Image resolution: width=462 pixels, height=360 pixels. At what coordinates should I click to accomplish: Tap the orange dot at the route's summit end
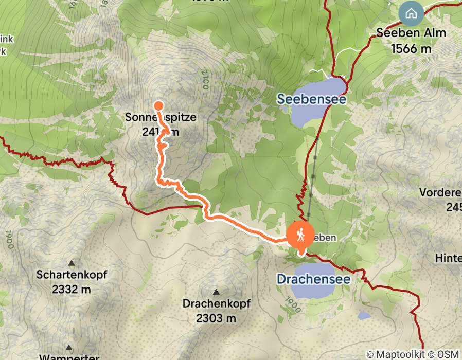[x=158, y=106]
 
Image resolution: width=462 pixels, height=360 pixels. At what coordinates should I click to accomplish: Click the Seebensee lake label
[x=311, y=99]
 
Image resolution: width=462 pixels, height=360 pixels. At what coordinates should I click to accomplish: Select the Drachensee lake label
[x=313, y=279]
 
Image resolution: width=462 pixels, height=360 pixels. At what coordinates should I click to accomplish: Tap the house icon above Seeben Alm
[x=411, y=14]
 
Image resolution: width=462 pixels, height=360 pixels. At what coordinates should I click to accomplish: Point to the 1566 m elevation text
[x=411, y=48]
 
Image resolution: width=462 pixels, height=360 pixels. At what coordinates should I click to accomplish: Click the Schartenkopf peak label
[x=72, y=275]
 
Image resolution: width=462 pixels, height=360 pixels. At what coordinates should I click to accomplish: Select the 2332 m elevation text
[x=72, y=289]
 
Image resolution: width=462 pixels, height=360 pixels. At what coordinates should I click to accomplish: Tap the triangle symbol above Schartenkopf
[x=72, y=262]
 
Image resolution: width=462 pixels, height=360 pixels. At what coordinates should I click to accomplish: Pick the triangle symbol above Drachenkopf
[x=216, y=291]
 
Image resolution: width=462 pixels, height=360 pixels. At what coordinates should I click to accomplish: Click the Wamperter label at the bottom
[x=69, y=356]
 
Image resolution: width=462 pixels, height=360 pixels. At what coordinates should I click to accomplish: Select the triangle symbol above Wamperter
[x=68, y=347]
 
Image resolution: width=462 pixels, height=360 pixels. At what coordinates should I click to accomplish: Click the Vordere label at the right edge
[x=440, y=192]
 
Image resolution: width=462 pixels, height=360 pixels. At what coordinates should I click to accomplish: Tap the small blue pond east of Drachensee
[x=364, y=315]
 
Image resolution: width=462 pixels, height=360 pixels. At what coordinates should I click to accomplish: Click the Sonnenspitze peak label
[x=161, y=117]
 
